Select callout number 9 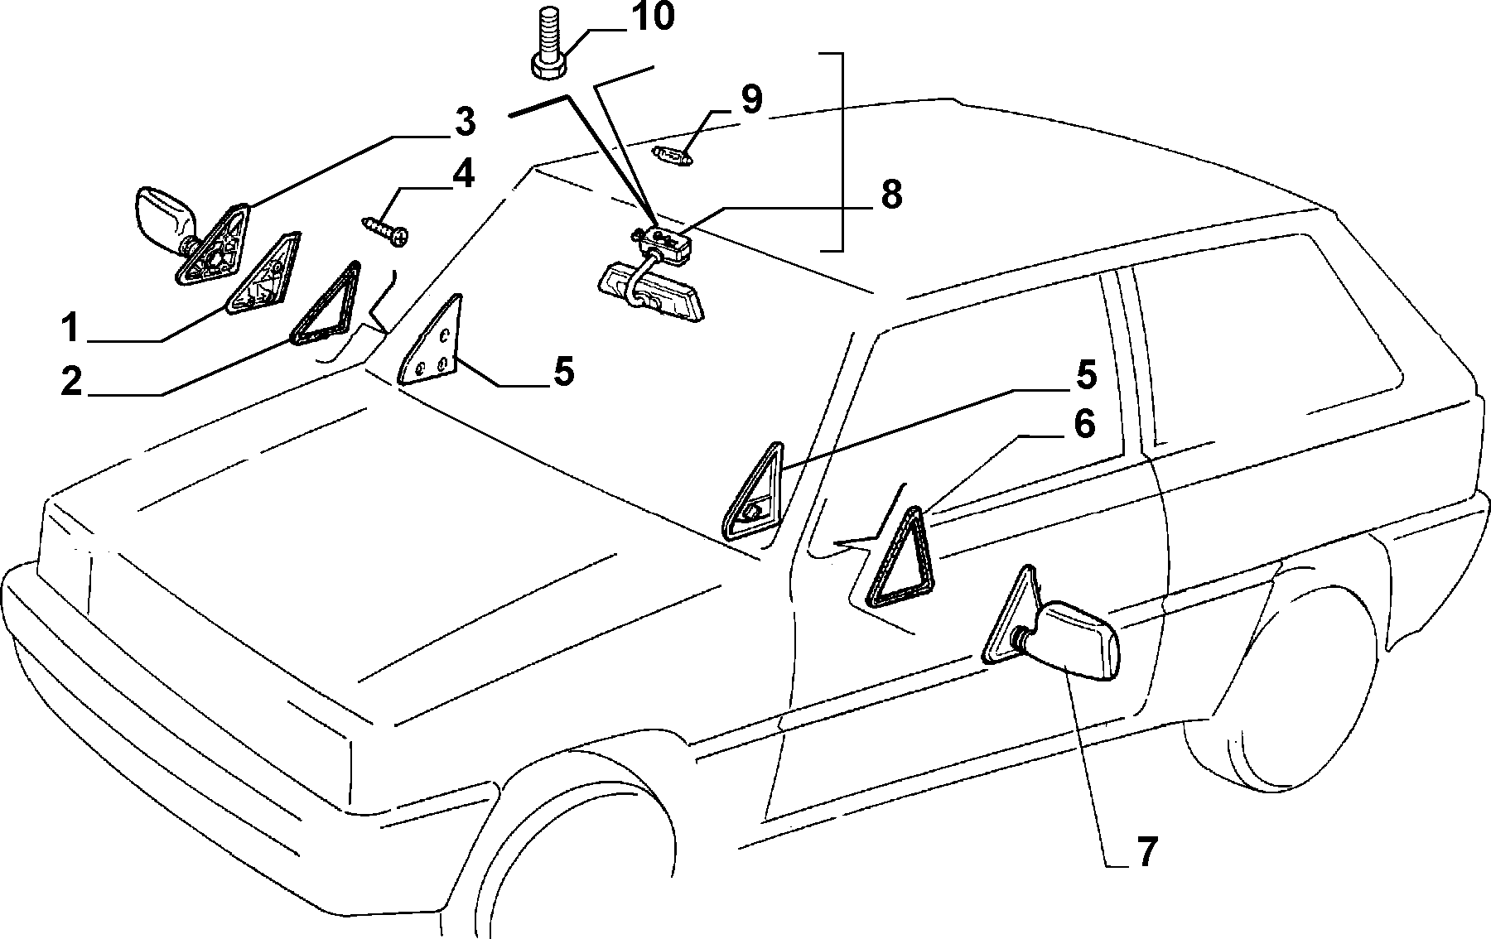[x=750, y=99]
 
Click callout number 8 [x=890, y=195]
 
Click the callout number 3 [x=464, y=122]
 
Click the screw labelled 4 [x=386, y=230]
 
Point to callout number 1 [x=71, y=327]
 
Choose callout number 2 [x=71, y=382]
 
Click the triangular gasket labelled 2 [x=326, y=303]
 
